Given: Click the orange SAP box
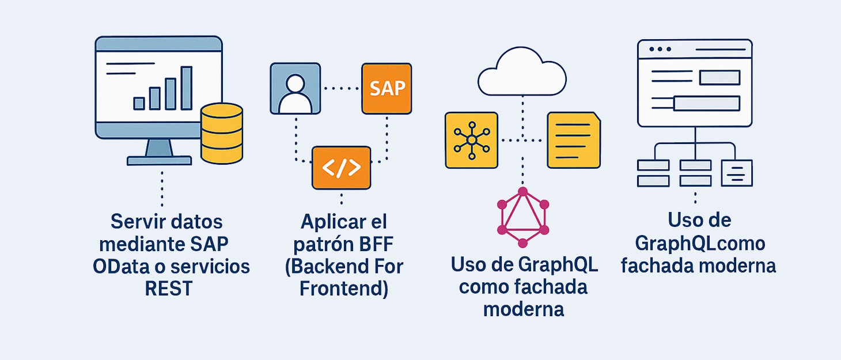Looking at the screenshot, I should [387, 88].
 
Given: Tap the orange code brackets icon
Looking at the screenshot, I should [341, 168].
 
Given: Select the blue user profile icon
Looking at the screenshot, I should [295, 88].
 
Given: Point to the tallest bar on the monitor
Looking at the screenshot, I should [186, 88].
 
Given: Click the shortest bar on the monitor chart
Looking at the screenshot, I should [139, 103].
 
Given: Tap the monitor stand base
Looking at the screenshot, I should [158, 160].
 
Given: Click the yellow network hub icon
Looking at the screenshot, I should [471, 140].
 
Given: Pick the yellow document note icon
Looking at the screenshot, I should [573, 140].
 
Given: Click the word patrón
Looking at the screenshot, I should [319, 244].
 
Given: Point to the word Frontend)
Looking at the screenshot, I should [344, 289].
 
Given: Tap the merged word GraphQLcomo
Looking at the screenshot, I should [700, 244].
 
